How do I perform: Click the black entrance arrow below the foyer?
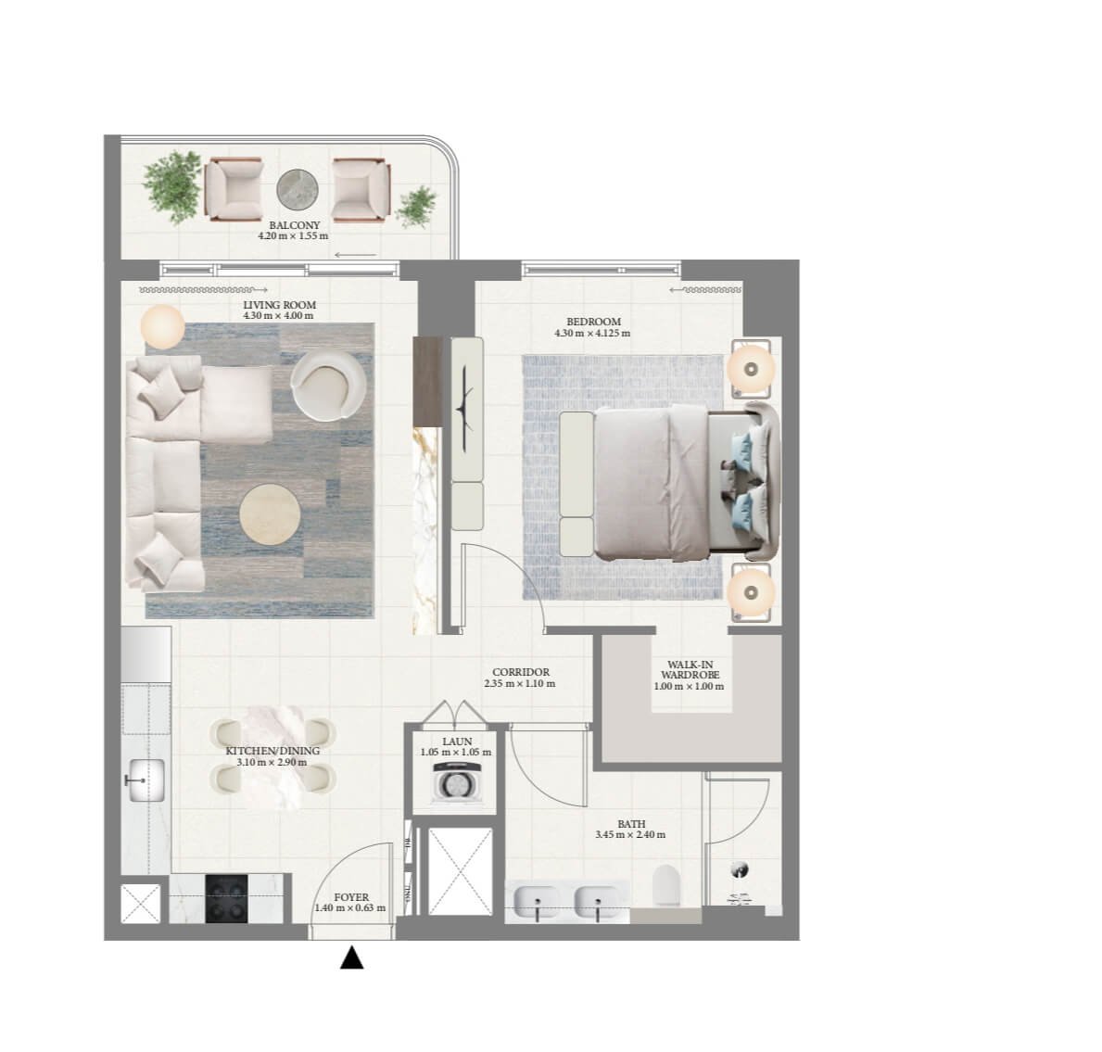click(351, 957)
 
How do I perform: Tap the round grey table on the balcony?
click(297, 189)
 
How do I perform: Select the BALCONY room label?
click(294, 225)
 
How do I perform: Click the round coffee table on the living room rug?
click(271, 515)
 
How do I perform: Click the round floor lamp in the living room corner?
click(162, 327)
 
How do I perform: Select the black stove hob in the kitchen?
click(228, 899)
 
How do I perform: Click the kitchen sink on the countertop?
click(145, 779)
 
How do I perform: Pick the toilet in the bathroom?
click(666, 885)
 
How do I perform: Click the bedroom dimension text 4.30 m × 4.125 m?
click(591, 334)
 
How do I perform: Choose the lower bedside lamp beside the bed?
click(752, 589)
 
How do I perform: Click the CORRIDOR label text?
click(520, 673)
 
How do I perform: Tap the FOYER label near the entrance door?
click(351, 897)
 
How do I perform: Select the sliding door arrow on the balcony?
click(355, 255)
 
